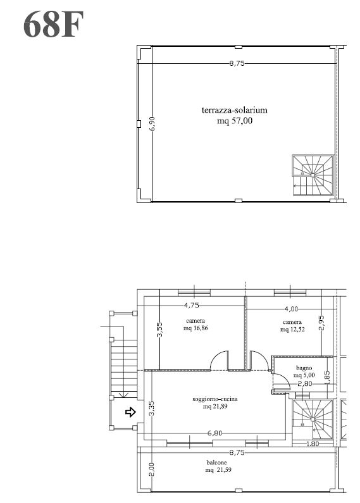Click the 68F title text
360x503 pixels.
(53, 25)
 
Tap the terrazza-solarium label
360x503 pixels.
(235, 110)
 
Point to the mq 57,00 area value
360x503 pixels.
(235, 121)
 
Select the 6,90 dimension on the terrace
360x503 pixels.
(152, 123)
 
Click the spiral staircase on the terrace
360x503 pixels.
(313, 175)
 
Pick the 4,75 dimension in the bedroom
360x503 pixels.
(191, 306)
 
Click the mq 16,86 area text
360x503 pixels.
(196, 328)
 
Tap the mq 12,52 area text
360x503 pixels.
(292, 330)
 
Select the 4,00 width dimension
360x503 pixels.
(291, 309)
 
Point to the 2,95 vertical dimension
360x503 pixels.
(322, 323)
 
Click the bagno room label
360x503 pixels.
(304, 368)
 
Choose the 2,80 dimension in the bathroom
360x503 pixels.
(304, 383)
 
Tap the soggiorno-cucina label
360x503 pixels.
(215, 399)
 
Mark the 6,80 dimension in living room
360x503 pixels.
(214, 433)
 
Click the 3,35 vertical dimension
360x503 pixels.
(152, 408)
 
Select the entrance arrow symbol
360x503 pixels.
(130, 412)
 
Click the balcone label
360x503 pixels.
(216, 463)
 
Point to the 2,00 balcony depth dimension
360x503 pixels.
(152, 469)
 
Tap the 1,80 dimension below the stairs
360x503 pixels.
(313, 444)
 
